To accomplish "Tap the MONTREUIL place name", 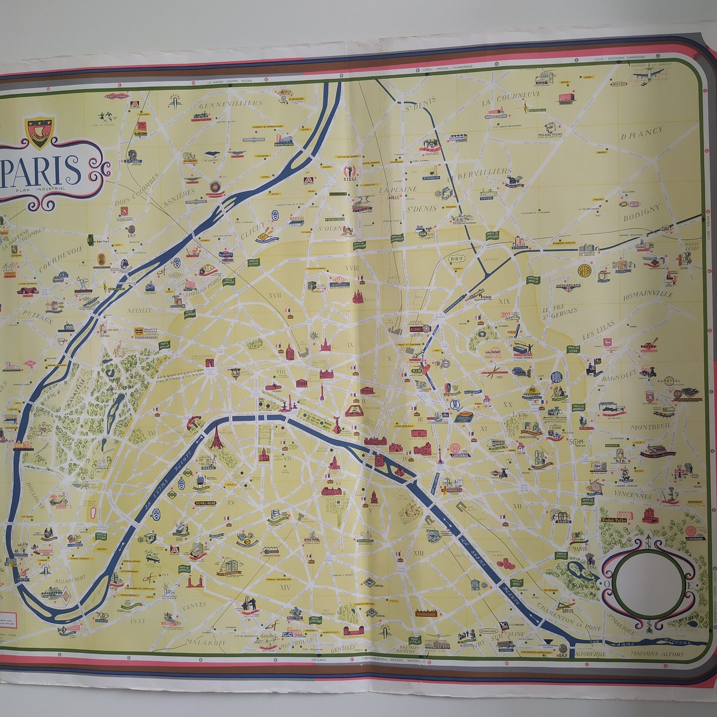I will point(651,426).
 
